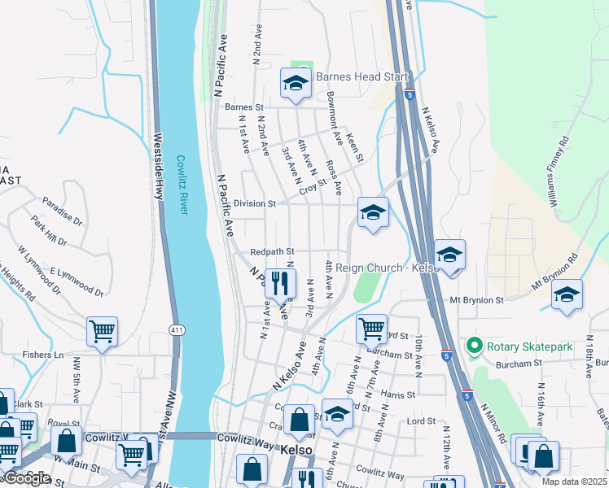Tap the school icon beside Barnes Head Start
(295, 83)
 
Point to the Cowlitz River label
(182, 185)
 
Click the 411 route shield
(176, 329)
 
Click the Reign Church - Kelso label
(381, 268)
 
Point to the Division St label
(255, 203)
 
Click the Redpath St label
(272, 252)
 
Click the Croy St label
(312, 188)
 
